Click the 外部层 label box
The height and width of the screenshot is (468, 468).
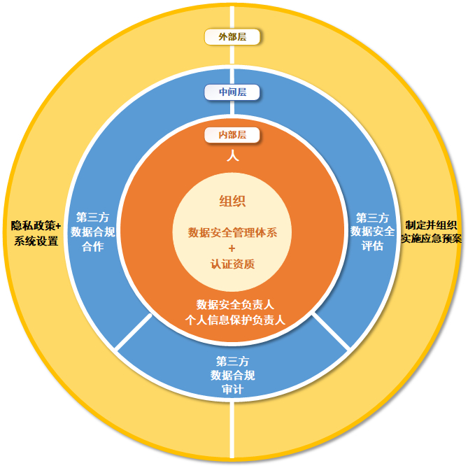(233, 36)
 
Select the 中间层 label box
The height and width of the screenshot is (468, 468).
(233, 92)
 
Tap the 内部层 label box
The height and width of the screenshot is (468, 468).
(233, 135)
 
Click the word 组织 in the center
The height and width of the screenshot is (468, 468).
(233, 202)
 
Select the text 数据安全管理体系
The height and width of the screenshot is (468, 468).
(233, 232)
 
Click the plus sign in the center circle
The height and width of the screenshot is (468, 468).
(233, 248)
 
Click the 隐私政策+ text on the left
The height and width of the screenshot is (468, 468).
(36, 226)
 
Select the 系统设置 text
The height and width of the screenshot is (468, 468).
(36, 241)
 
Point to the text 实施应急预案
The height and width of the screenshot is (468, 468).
(431, 239)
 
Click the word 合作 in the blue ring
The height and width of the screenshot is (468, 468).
(93, 246)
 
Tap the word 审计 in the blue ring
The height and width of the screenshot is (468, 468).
(232, 390)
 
